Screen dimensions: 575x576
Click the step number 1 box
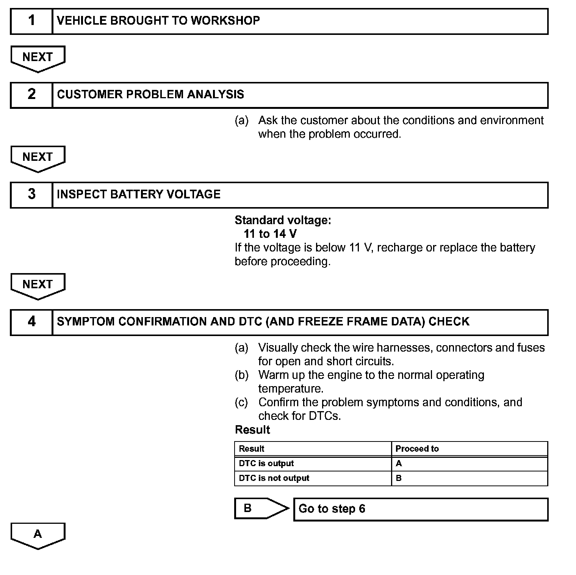(x=31, y=21)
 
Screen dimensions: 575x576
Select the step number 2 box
(x=31, y=95)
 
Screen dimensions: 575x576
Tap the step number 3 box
(x=31, y=195)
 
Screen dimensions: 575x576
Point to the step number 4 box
(x=31, y=322)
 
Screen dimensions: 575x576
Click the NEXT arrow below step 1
(x=38, y=58)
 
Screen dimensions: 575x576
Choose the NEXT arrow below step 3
(x=38, y=285)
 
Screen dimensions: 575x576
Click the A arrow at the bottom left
(x=38, y=535)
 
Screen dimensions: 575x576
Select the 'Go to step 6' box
(x=421, y=509)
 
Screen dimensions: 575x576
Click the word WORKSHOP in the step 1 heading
(x=225, y=20)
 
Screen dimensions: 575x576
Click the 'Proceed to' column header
(x=417, y=449)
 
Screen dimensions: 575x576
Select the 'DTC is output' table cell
(x=266, y=463)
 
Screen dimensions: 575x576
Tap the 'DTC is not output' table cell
(x=274, y=478)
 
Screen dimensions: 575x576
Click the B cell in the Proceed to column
(x=399, y=478)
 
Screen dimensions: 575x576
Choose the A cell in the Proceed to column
(x=399, y=463)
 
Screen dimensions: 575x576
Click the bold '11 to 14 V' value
(x=270, y=234)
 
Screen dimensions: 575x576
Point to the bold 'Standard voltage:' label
(x=283, y=220)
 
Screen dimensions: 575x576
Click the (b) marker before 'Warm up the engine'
(x=241, y=375)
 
